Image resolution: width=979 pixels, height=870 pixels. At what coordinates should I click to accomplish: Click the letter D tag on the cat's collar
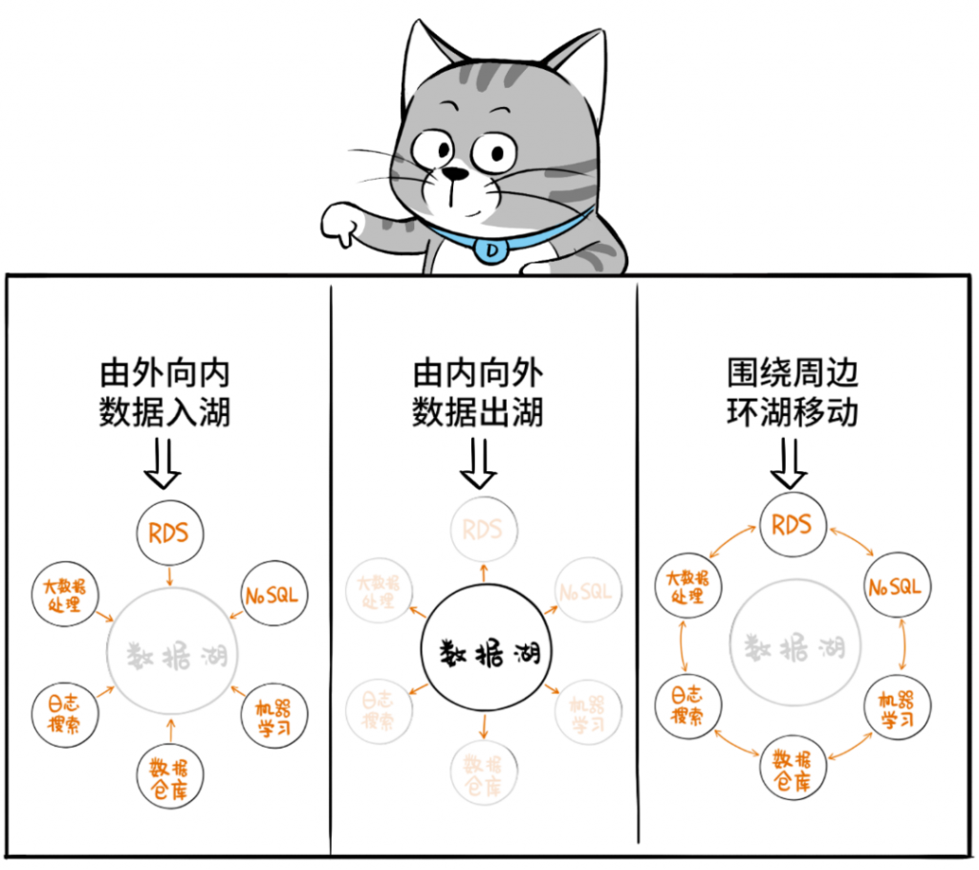pyautogui.click(x=492, y=250)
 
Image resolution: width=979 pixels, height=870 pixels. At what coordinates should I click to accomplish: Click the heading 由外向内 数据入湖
pyautogui.click(x=165, y=393)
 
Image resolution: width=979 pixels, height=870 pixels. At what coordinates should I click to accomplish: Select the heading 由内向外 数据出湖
pyautogui.click(x=478, y=393)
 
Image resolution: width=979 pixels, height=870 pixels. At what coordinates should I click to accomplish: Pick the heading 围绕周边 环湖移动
pyautogui.click(x=792, y=393)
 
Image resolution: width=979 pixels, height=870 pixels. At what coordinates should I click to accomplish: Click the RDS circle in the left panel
pyautogui.click(x=170, y=533)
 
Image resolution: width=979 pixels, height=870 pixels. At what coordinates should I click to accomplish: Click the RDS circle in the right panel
pyautogui.click(x=793, y=524)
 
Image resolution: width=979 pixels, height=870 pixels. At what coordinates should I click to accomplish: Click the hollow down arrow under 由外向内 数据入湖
pyautogui.click(x=165, y=464)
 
